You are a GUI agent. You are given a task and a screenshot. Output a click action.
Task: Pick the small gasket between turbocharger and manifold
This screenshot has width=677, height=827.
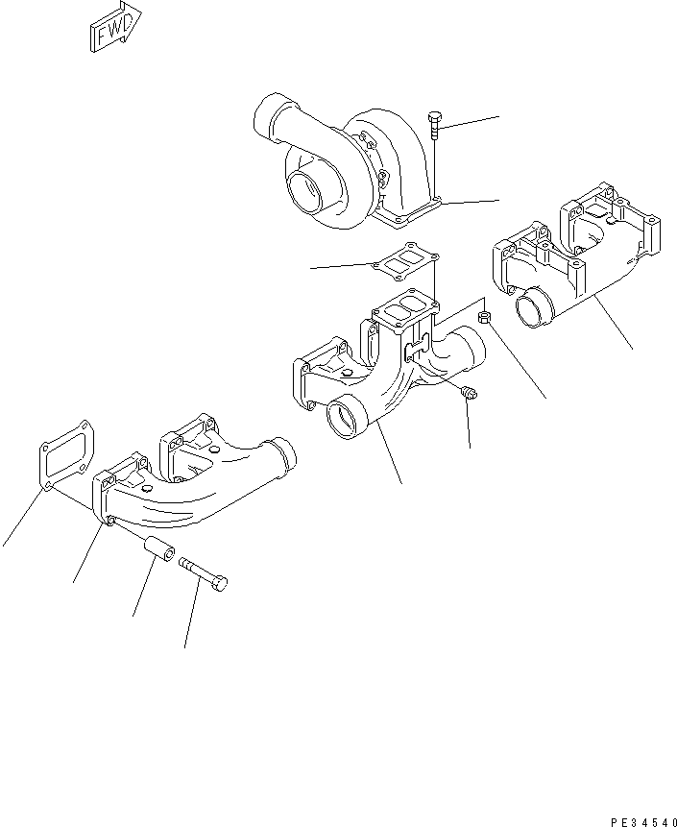coord(407,259)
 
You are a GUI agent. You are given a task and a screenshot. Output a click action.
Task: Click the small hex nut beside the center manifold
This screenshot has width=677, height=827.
coord(486,316)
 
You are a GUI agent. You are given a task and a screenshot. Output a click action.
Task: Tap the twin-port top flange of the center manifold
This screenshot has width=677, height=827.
coord(402,313)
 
